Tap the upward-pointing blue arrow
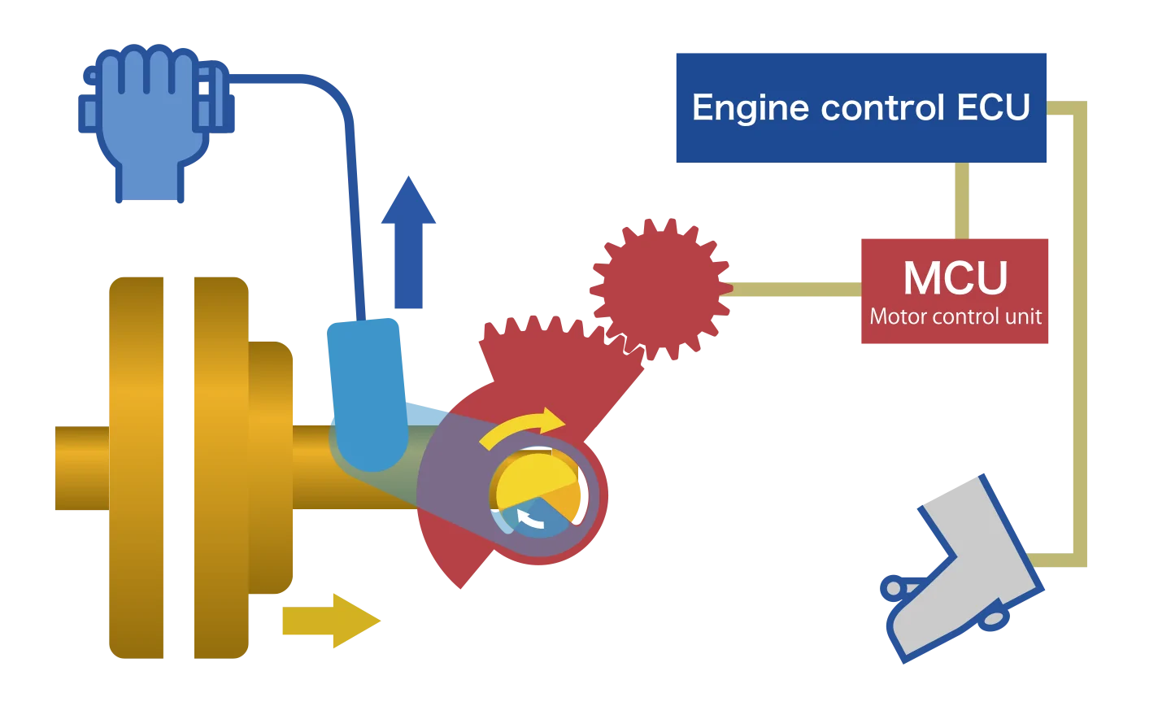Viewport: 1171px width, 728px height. tap(408, 244)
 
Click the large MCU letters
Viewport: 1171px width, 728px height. tap(956, 278)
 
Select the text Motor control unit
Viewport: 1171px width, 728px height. tap(956, 316)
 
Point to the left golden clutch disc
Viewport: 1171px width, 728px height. tap(137, 468)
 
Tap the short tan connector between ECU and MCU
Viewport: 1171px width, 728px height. tap(960, 199)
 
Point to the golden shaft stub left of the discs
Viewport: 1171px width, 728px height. tap(80, 468)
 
